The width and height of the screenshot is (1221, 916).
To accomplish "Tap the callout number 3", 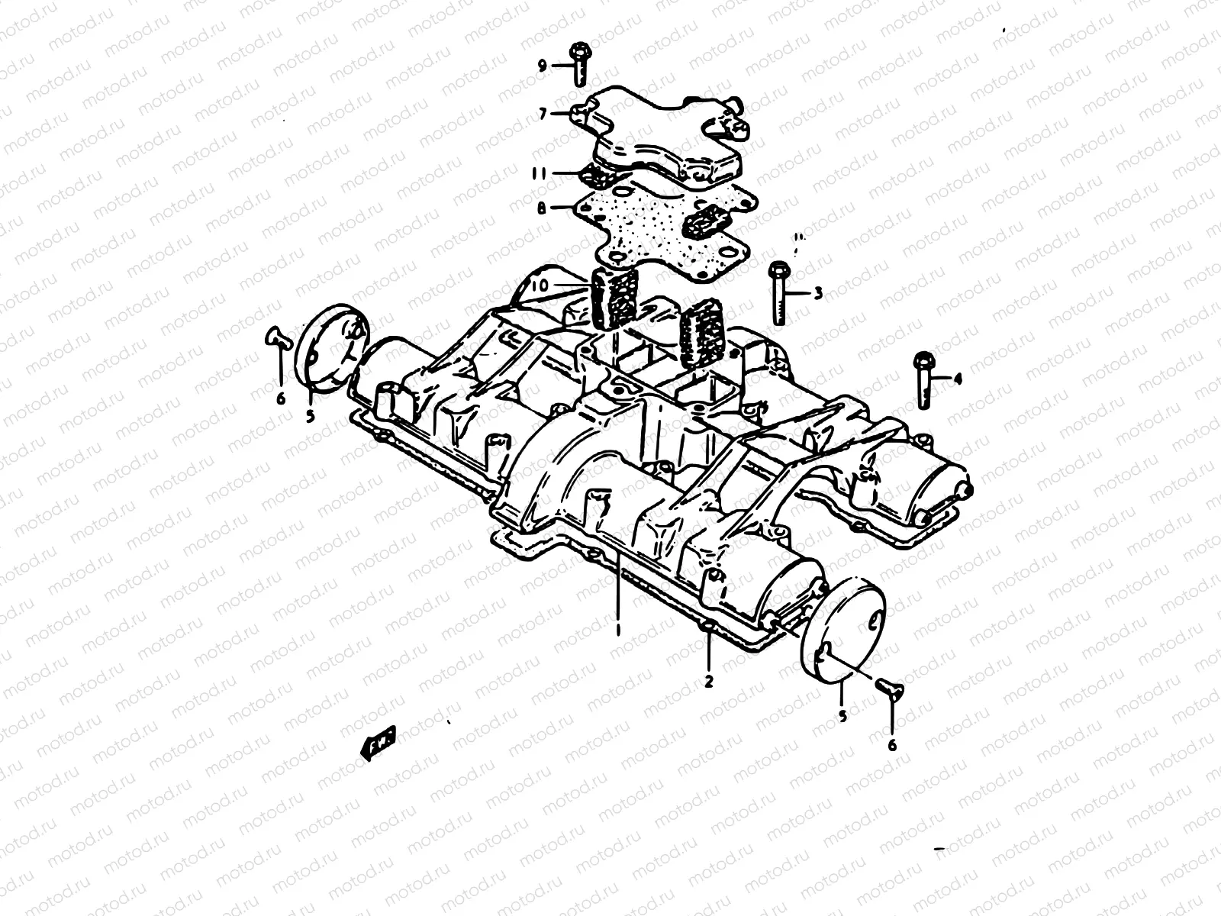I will click(817, 292).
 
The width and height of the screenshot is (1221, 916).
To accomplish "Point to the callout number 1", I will click(618, 631).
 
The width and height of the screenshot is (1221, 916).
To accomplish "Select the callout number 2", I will click(709, 682).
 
